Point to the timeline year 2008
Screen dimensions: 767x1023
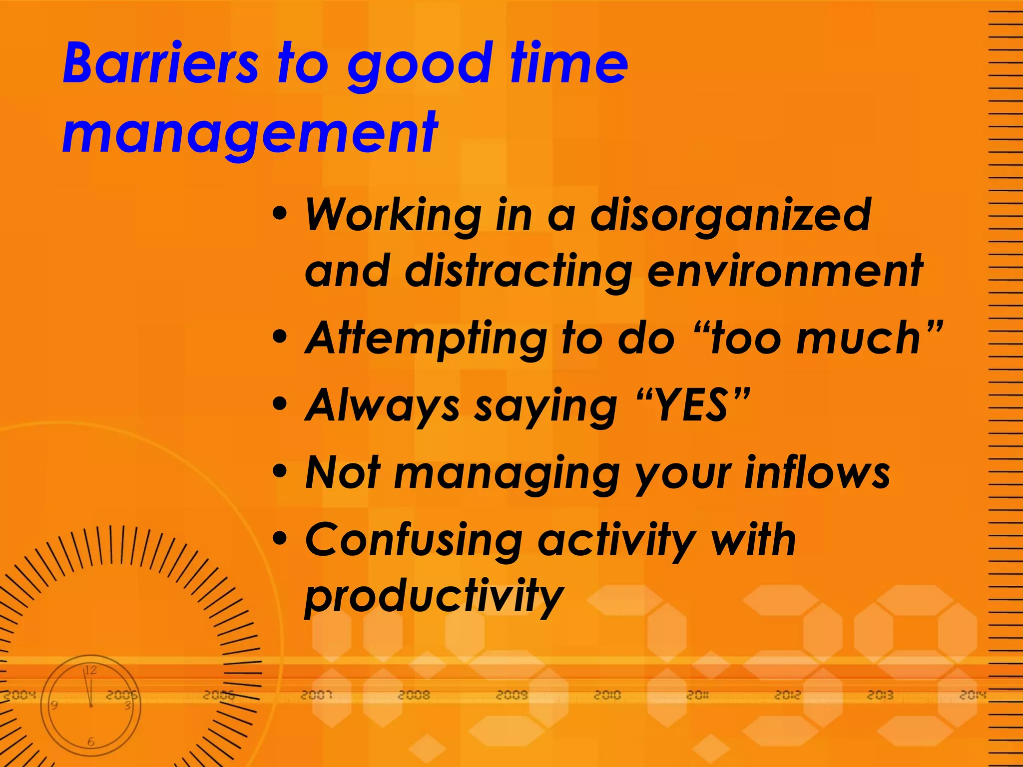click(x=414, y=695)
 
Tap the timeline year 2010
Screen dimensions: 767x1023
click(x=607, y=695)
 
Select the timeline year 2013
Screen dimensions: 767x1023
click(x=880, y=695)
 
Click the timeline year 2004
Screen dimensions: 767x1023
click(x=20, y=695)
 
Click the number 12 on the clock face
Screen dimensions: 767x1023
click(x=90, y=670)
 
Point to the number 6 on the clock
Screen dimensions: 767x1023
click(x=90, y=742)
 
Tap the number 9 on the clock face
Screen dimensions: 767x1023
click(x=54, y=706)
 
